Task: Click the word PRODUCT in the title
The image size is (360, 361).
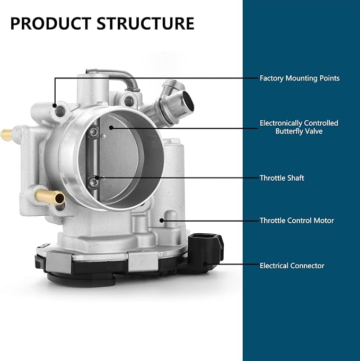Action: (x=51, y=23)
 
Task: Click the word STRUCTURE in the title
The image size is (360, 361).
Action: (x=145, y=23)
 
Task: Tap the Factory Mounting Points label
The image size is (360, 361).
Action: (x=300, y=78)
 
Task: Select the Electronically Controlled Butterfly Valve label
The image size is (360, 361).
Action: (x=299, y=127)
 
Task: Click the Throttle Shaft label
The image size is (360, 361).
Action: (x=282, y=178)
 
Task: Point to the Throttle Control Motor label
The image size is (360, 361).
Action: (x=297, y=221)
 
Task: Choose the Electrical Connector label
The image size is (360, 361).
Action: (x=292, y=266)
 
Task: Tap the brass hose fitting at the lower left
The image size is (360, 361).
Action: (x=50, y=197)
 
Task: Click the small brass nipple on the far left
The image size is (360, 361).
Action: (x=6, y=135)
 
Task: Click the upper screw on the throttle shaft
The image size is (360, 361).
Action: (x=93, y=131)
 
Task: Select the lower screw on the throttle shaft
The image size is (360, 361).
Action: (x=93, y=182)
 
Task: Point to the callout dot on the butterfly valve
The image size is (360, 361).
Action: (x=111, y=127)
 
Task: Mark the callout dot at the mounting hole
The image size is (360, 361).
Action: (x=55, y=105)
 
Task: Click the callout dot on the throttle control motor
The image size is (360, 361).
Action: (x=162, y=221)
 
